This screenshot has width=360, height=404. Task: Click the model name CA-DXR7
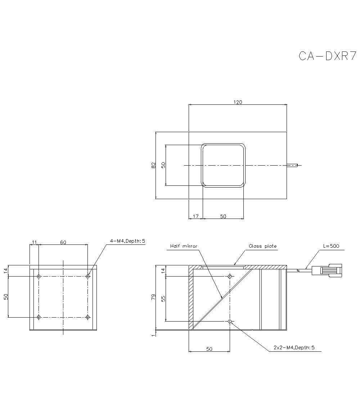coord(327,56)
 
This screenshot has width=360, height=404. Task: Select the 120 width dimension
coord(238,102)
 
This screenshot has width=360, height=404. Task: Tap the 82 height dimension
coord(153,165)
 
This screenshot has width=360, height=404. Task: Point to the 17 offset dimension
coord(195,216)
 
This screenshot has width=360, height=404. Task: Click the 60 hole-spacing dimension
coord(63,242)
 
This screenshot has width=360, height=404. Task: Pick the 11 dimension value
coord(34,242)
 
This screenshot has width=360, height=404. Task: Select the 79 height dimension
coord(153,297)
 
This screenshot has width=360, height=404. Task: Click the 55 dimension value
coord(163,298)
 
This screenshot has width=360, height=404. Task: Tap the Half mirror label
coord(184,246)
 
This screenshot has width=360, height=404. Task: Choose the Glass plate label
coord(263,246)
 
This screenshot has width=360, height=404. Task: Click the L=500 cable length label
coord(331,246)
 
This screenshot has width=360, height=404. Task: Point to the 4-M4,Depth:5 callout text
coord(127,241)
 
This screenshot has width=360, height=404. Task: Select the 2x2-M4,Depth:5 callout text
coord(294,347)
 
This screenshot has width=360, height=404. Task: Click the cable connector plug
coord(328,270)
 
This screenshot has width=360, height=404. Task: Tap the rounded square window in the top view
coord(223,165)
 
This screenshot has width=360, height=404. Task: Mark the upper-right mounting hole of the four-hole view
coord(87,277)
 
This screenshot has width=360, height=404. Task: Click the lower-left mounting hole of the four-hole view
coord(39,317)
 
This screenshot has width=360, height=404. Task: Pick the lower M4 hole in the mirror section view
coord(230,321)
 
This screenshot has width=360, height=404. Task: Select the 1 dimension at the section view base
coord(153,335)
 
